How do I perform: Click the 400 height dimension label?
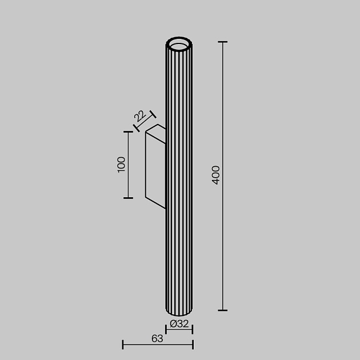pyautogui.click(x=215, y=174)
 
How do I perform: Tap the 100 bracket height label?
pyautogui.click(x=121, y=165)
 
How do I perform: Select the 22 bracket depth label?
pyautogui.click(x=139, y=117)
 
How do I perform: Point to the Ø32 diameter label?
pyautogui.click(x=179, y=323)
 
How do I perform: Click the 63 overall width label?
pyautogui.click(x=157, y=338)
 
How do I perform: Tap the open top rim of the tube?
pyautogui.click(x=179, y=43)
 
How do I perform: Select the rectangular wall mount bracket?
pyautogui.click(x=155, y=166)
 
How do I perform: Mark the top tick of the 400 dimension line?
pyautogui.click(x=222, y=42)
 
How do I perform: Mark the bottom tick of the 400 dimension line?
pyautogui.click(x=222, y=311)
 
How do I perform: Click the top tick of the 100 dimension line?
pyautogui.click(x=128, y=132)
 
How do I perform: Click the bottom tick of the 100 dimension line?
pyautogui.click(x=128, y=198)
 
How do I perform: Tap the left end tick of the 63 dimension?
pyautogui.click(x=123, y=344)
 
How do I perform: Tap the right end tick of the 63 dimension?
pyautogui.click(x=193, y=344)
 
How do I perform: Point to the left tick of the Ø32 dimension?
pyautogui.click(x=166, y=329)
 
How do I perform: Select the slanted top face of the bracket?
pyautogui.click(x=156, y=130)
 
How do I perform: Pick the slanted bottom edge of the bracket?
pyautogui.click(x=155, y=203)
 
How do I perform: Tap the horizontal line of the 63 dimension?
pyautogui.click(x=158, y=345)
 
